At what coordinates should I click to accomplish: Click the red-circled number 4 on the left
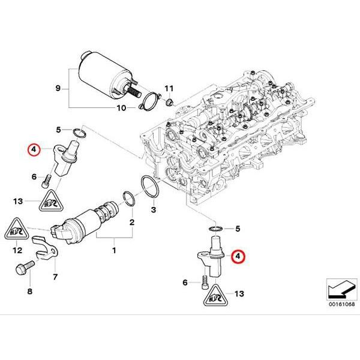(x=34, y=149)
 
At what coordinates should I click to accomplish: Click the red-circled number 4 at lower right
(x=239, y=256)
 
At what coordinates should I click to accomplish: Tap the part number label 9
(x=59, y=89)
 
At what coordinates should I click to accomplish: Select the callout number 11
(x=169, y=88)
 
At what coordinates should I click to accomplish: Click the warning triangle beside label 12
(x=17, y=229)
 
